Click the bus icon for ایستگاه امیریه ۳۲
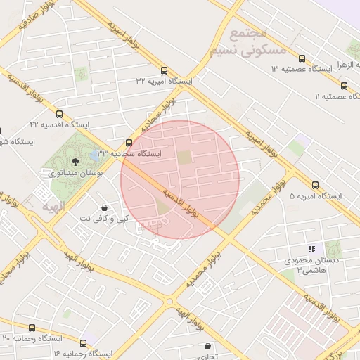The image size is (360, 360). (x=164, y=70)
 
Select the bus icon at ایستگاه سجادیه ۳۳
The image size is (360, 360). (x=128, y=142)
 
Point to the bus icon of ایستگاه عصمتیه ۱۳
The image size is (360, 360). (x=302, y=58)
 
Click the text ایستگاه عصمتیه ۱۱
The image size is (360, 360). (x=335, y=96)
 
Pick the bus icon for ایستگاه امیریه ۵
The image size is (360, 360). (x=315, y=186)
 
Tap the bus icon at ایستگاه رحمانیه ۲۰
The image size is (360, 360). (x=31, y=328)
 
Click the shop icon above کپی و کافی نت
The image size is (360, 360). (x=105, y=208)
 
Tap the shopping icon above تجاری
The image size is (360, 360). (x=207, y=346)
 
